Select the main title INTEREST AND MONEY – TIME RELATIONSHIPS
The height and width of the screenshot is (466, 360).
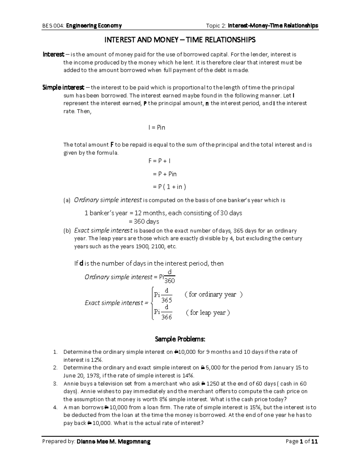point(180,40)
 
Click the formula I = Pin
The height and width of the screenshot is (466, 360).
point(157,128)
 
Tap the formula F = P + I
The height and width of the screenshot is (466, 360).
point(159,161)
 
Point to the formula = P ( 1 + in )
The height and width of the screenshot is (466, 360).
point(169,187)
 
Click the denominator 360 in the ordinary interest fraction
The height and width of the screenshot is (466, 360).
point(169,281)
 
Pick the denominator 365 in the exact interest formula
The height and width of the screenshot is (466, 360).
point(166,300)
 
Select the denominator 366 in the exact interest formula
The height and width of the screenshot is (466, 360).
point(166,317)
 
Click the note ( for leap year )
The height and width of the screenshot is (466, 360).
point(208,313)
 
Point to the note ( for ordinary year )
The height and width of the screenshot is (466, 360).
point(213,294)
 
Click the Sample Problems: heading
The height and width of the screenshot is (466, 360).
point(180,339)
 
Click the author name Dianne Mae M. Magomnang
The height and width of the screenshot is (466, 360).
point(113,442)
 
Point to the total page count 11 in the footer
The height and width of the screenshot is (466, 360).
point(314,442)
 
